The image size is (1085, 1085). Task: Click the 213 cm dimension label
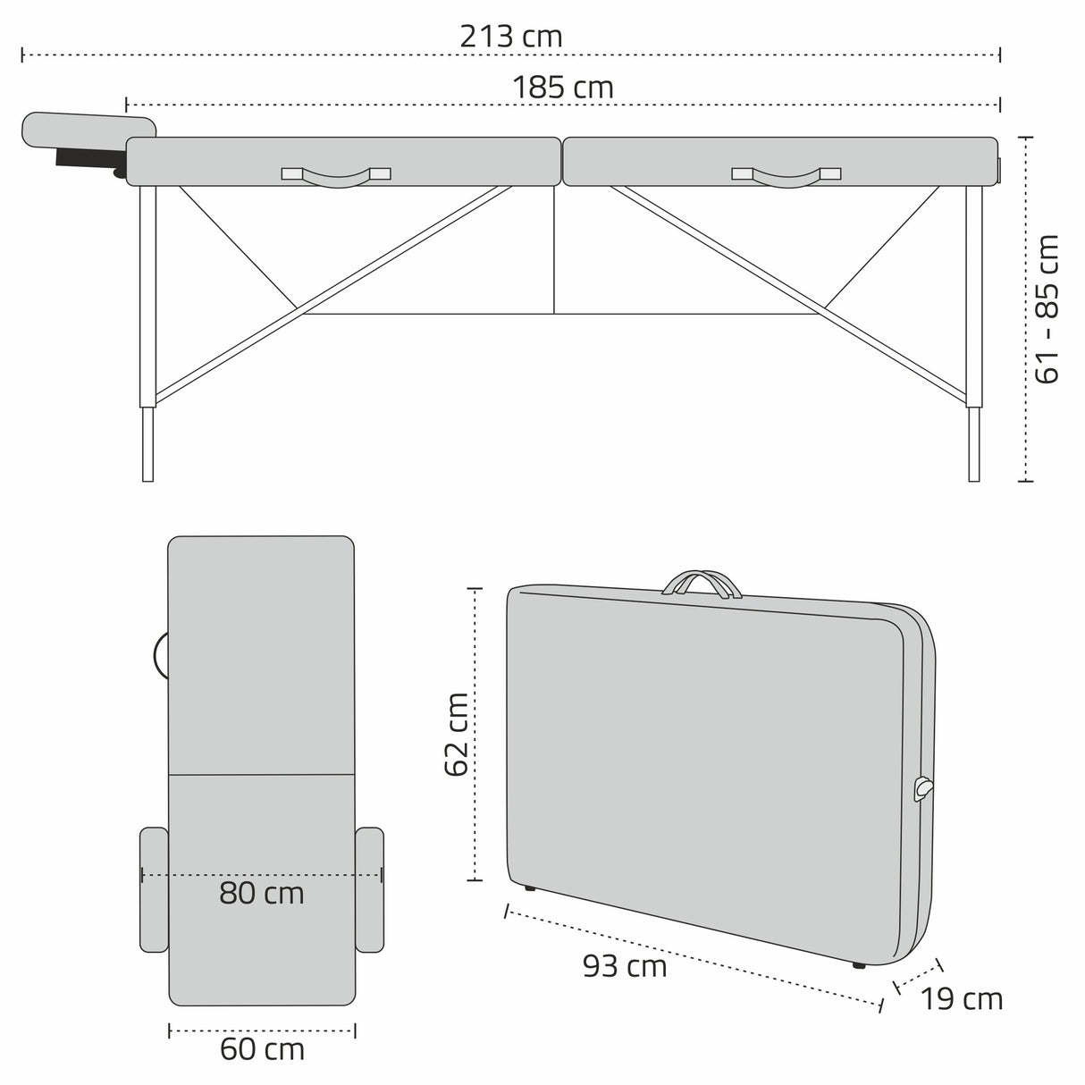(510, 37)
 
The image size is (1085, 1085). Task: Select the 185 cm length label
(563, 88)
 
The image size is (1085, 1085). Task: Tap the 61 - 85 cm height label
(1046, 308)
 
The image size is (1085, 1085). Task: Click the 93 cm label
(625, 965)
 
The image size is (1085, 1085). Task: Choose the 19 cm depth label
(962, 998)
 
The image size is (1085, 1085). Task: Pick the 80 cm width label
(262, 893)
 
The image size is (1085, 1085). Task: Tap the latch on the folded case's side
(922, 788)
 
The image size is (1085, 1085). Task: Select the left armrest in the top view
(154, 889)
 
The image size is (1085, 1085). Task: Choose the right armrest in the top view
(370, 889)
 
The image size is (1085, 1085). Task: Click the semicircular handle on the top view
(161, 655)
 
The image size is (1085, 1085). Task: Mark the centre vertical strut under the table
(555, 250)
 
